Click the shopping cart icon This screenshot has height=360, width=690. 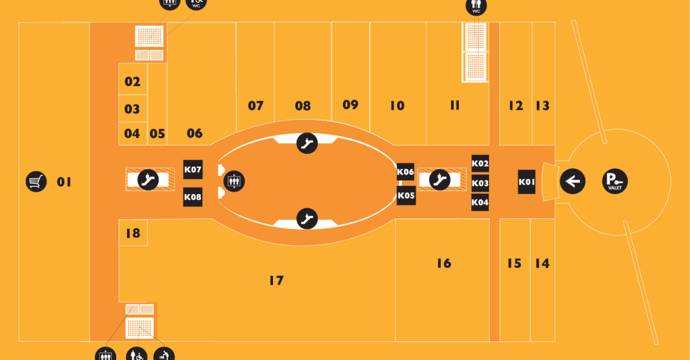[36, 182]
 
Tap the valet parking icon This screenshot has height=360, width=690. [615, 181]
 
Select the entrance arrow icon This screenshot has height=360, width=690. [573, 181]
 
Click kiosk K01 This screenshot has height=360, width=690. [527, 182]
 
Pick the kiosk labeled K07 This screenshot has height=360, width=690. [192, 169]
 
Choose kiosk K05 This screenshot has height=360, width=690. [406, 195]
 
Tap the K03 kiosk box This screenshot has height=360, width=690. [480, 183]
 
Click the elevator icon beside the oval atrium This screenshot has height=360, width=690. [234, 181]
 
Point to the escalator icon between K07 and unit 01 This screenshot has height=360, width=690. [148, 180]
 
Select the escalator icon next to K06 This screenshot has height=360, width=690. [439, 180]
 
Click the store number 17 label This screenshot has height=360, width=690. [277, 280]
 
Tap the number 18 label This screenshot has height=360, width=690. [133, 233]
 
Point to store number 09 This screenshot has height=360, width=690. [350, 105]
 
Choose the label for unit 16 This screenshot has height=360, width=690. [444, 263]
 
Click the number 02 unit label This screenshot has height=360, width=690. [132, 82]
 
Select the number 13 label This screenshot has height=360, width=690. [542, 106]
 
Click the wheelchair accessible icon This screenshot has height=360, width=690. [137, 355]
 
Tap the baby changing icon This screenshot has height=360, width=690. [164, 355]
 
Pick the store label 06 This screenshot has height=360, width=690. [194, 133]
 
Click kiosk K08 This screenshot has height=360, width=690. [192, 197]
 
